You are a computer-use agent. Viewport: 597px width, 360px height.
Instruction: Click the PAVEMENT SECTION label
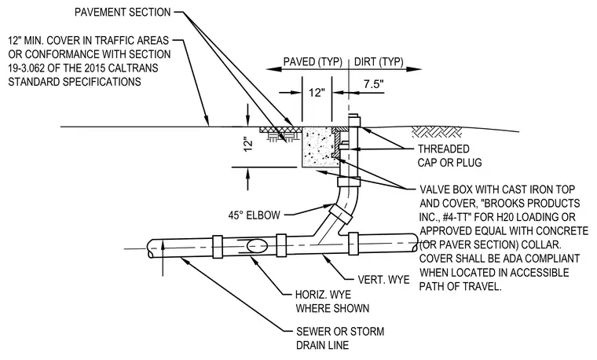tap(123, 13)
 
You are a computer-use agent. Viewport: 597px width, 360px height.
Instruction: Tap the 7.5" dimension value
tap(373, 84)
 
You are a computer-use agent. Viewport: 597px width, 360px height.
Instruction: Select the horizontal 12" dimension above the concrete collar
tap(317, 93)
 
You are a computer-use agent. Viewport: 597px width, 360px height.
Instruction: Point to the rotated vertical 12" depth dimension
tap(248, 145)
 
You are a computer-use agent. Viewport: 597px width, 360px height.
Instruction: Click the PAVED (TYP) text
tap(313, 62)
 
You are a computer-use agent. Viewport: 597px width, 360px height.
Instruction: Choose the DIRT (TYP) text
tap(379, 62)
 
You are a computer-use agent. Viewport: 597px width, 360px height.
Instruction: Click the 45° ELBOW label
tap(255, 215)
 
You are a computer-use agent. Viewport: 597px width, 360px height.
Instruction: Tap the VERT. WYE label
tap(384, 280)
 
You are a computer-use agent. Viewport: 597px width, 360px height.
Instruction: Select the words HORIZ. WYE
tap(324, 295)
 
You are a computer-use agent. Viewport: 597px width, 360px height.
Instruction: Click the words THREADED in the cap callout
tap(444, 149)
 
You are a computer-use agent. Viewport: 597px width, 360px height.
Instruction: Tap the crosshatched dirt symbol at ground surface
tap(436, 132)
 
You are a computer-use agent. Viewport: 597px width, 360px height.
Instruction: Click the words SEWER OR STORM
tap(340, 332)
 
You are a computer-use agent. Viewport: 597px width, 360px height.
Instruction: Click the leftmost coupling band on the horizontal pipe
tap(217, 247)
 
